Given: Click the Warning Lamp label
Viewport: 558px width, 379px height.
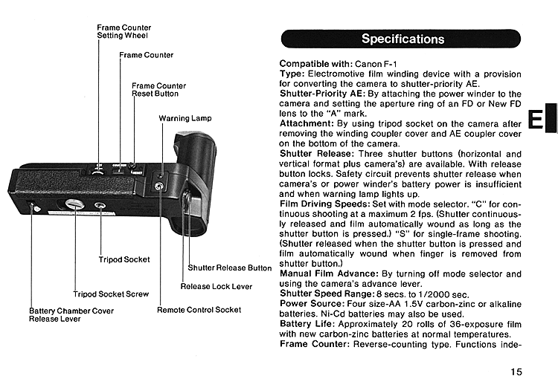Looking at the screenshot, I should [185, 118].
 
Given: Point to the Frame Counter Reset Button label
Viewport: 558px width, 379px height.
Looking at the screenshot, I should [159, 90].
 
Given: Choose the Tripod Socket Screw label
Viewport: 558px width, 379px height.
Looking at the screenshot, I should [111, 294].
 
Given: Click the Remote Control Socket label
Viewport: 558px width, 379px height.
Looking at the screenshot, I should [199, 309].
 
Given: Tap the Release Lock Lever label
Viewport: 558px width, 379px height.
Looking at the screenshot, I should [216, 286].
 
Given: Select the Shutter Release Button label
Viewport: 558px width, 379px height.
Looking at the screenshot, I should [229, 268].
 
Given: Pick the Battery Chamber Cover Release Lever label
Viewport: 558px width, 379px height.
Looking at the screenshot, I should [71, 314].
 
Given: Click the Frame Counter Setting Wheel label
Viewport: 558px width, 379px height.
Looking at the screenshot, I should [124, 31].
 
